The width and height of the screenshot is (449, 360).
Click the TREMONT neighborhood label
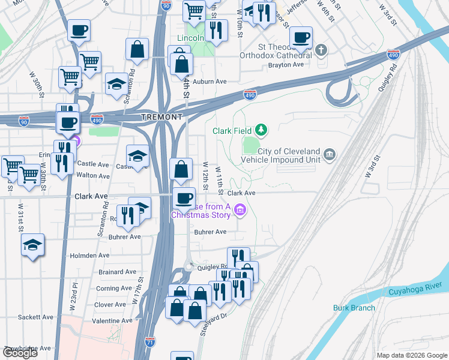click(x=161, y=116)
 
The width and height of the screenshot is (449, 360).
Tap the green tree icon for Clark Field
click(x=261, y=129)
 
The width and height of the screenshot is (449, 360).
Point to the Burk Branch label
click(x=354, y=308)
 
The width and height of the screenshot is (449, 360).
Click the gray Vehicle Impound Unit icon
click(x=330, y=155)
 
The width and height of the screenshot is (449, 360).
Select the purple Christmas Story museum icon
click(x=241, y=209)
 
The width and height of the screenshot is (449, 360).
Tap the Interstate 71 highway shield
click(x=150, y=343)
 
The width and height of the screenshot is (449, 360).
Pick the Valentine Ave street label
click(x=112, y=320)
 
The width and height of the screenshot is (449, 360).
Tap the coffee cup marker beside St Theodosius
click(x=301, y=37)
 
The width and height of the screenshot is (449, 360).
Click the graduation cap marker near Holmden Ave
click(x=33, y=245)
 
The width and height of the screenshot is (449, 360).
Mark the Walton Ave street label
click(x=93, y=176)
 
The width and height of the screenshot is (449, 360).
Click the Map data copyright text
click(x=412, y=355)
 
